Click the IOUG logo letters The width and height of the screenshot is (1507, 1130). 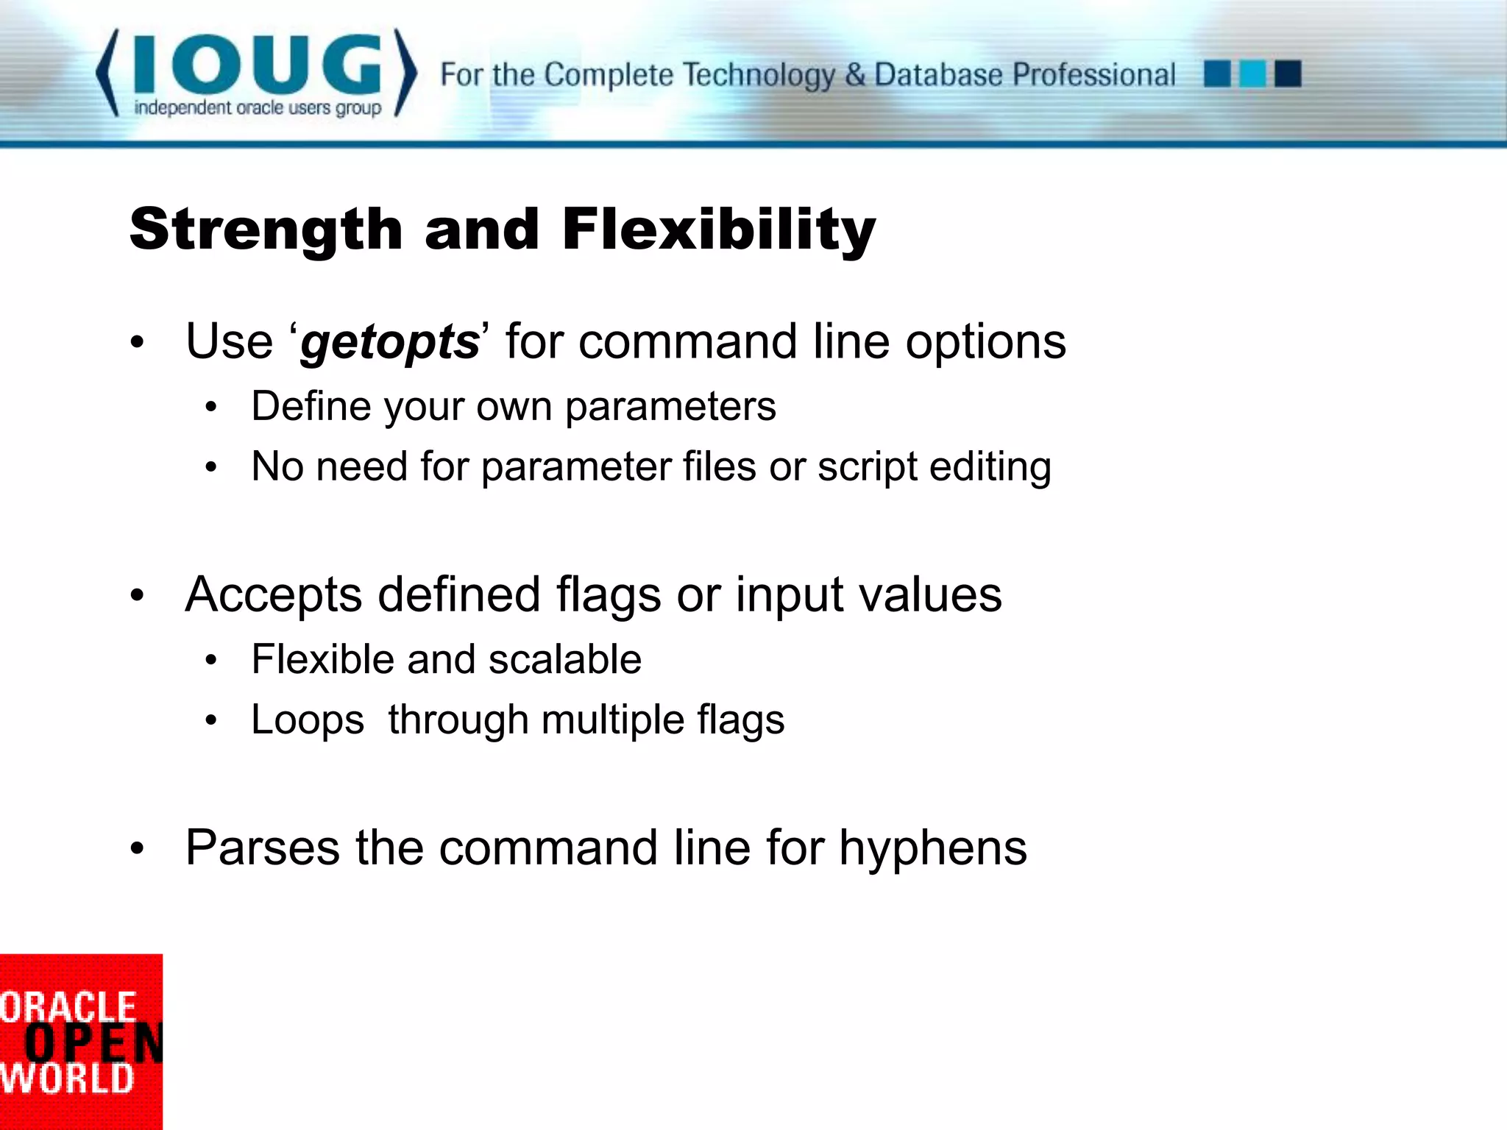coord(258,65)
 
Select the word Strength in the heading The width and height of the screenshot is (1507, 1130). coord(266,229)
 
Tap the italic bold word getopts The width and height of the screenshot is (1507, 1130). coord(390,343)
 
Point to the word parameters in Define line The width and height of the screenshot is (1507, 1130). coord(670,406)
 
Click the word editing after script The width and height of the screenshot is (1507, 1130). coord(990,466)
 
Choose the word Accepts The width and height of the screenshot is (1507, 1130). coord(273,594)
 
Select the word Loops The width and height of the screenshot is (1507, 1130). coord(308,719)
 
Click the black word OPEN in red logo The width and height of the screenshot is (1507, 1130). coord(93,1043)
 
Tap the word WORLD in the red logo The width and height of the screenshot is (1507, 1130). coord(66,1079)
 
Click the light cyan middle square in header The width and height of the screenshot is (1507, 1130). coord(1252,74)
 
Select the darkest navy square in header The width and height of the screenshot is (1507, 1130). coord(1288,74)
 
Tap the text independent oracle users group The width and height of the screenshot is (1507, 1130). coord(258,108)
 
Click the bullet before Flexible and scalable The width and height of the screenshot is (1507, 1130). coord(211,660)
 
